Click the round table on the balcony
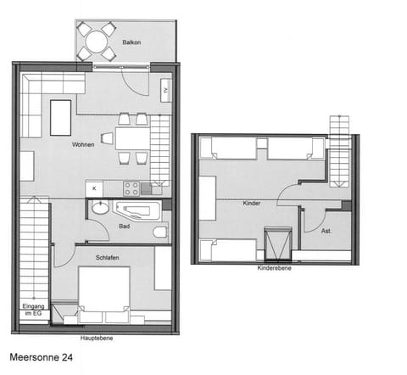pyautogui.click(x=97, y=41)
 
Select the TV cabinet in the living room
pyautogui.click(x=165, y=89)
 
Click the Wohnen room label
pyautogui.click(x=83, y=145)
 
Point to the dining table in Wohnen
pyautogui.click(x=131, y=138)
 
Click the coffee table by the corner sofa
pyautogui.click(x=61, y=117)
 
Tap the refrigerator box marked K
pyautogui.click(x=94, y=187)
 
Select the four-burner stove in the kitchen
pyautogui.click(x=131, y=188)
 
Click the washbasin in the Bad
pyautogui.click(x=99, y=209)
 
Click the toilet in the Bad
pyautogui.click(x=159, y=232)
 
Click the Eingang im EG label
pyautogui.click(x=32, y=311)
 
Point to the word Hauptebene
pyautogui.click(x=97, y=338)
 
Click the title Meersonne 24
pyautogui.click(x=42, y=358)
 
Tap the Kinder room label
pyautogui.click(x=251, y=204)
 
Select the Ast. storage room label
pyautogui.click(x=326, y=230)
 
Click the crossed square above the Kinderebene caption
pyautogui.click(x=278, y=244)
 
